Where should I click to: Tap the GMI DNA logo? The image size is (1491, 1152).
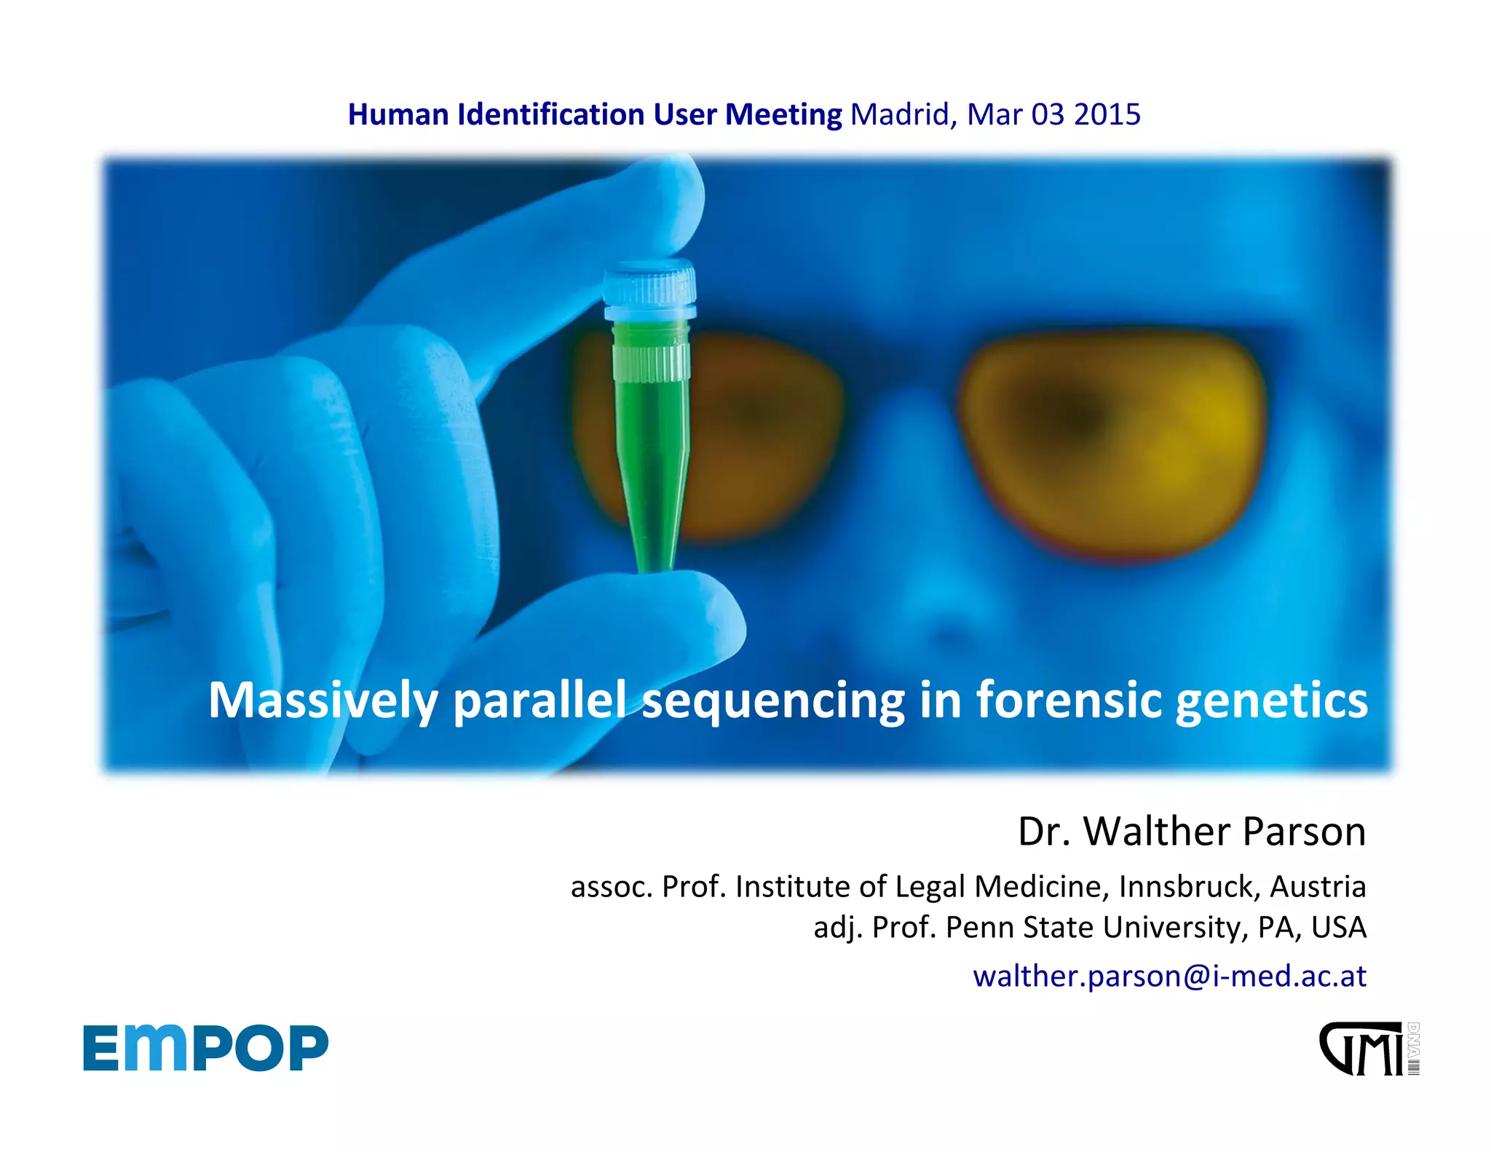coord(1369,1049)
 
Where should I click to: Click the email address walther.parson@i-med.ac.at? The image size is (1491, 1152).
coord(1169,976)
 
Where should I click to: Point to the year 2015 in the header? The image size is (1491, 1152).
coord(1107,114)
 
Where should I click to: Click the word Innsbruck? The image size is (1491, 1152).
coord(1187,886)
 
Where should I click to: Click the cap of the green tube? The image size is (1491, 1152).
coord(649,291)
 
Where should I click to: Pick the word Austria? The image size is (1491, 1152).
coord(1318,886)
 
